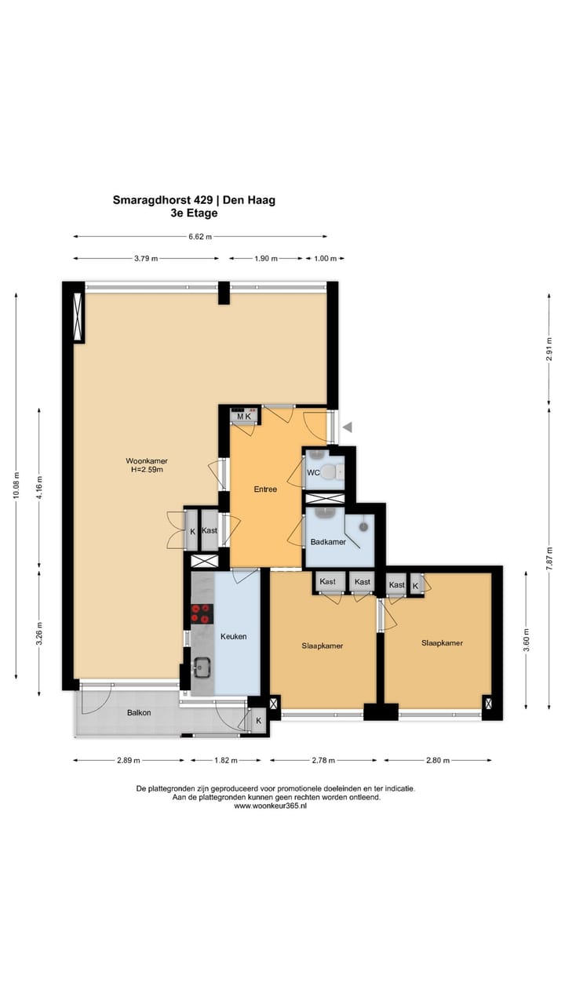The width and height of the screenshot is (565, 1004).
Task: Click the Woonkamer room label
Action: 147,460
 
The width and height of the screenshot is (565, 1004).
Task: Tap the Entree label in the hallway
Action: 265,489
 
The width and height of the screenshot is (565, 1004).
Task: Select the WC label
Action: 313,473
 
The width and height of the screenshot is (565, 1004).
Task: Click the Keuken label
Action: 233,636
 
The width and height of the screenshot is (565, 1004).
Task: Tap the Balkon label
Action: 139,712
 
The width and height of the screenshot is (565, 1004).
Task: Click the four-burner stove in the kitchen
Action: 202,613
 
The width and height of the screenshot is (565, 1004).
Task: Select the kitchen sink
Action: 202,668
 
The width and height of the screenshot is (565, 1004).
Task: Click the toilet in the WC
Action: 335,471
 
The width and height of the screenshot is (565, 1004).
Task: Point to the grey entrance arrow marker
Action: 348,427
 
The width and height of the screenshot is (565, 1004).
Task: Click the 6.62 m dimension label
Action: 201,236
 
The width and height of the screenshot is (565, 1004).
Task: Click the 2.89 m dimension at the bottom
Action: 129,760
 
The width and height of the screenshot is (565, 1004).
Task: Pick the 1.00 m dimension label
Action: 325,258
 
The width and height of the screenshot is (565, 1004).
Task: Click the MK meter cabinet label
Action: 244,417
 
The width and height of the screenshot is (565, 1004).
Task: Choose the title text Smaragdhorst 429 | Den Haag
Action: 194,200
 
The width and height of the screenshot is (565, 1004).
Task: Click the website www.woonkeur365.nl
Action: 270,806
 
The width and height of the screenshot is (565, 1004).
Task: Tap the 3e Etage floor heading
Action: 194,213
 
